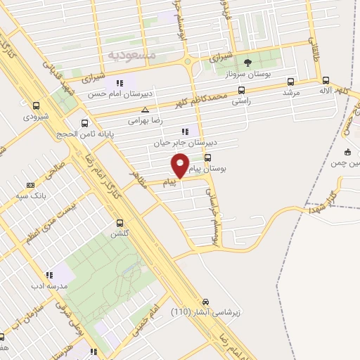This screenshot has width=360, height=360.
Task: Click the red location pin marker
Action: pyautogui.click(x=181, y=165)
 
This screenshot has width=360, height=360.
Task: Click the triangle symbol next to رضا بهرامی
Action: pyautogui.click(x=145, y=110)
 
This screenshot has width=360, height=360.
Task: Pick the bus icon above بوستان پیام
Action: pyautogui.click(x=208, y=158)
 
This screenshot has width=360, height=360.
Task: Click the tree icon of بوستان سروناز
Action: pyautogui.click(x=247, y=63)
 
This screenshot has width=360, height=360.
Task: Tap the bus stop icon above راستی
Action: pyautogui.click(x=242, y=90)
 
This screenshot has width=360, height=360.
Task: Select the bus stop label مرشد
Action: pyautogui.click(x=291, y=92)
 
